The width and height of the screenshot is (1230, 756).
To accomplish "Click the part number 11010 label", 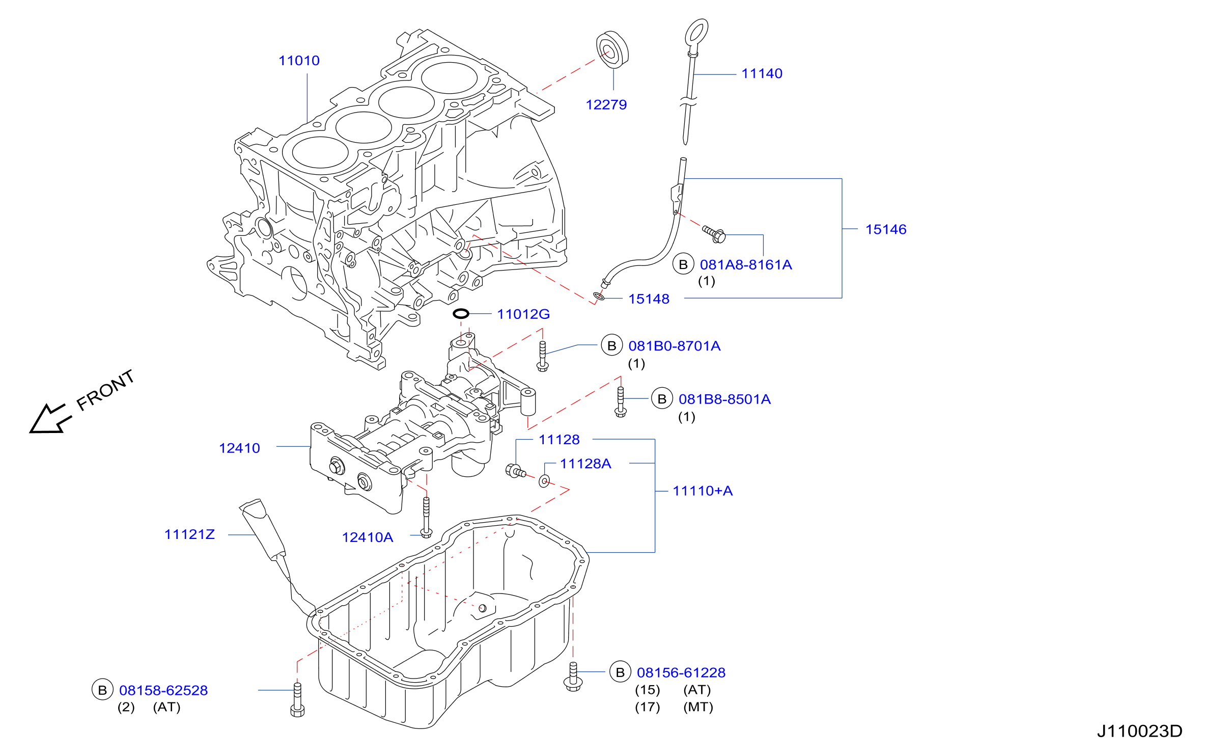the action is [x=299, y=61].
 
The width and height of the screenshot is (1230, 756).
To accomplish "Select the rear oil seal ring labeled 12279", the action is [x=612, y=49].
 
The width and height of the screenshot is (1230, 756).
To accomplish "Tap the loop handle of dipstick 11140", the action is [x=696, y=33].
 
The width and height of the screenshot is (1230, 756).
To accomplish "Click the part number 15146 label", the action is [x=886, y=229].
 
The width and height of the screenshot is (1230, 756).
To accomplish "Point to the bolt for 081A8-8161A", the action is [x=714, y=234].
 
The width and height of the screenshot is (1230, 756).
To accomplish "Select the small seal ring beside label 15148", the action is [x=599, y=296].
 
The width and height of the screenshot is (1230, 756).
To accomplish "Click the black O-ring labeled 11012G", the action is [x=461, y=314].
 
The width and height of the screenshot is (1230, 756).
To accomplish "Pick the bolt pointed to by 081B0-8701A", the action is [x=542, y=356].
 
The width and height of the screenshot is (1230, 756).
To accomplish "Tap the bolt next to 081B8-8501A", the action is [x=621, y=402].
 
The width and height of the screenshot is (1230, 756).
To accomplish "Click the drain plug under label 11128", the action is [x=515, y=471].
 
